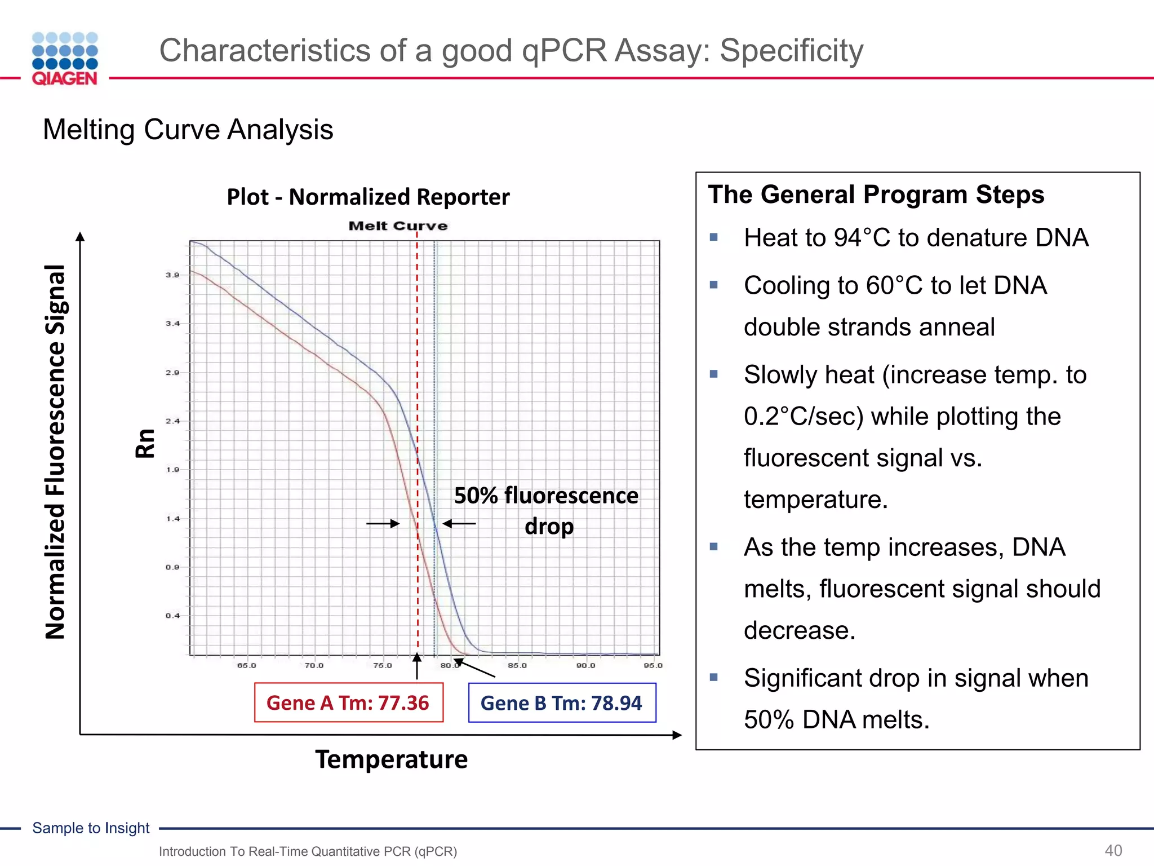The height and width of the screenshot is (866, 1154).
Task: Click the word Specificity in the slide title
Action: tap(791, 51)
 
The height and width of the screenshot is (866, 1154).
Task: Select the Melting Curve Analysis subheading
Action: tap(188, 130)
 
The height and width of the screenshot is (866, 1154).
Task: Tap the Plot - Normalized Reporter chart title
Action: tap(368, 197)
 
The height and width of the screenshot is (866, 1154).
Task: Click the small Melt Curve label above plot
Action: tap(398, 226)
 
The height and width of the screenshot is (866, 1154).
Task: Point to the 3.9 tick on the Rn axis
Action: tap(172, 275)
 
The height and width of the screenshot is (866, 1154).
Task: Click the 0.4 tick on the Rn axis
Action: tap(172, 616)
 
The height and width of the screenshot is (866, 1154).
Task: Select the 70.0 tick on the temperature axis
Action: tap(314, 666)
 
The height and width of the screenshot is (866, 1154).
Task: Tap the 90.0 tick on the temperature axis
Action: tap(585, 666)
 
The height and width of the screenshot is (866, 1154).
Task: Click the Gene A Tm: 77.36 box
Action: tap(348, 702)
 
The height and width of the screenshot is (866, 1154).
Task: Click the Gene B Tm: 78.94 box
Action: tap(562, 702)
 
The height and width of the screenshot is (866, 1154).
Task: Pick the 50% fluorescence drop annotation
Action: tap(547, 510)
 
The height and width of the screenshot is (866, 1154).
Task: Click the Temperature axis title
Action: tap(391, 759)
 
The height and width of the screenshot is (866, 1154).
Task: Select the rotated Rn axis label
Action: tap(145, 443)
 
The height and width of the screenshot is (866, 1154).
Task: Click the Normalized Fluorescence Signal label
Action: tap(55, 451)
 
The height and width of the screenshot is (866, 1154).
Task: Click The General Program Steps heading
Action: tap(876, 195)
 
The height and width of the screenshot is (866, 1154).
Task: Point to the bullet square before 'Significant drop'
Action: tap(714, 677)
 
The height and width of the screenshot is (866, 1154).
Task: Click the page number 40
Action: tap(1113, 850)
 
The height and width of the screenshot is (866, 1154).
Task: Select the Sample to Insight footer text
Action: tap(91, 828)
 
